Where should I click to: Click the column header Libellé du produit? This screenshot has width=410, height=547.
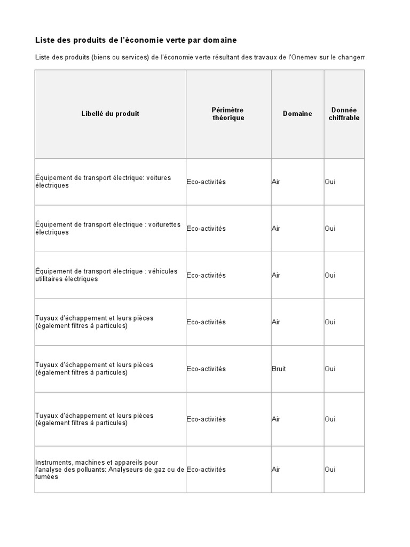coord(111,114)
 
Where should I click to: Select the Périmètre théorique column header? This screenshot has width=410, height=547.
coord(228,114)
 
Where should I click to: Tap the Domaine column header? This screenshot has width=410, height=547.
coord(297,114)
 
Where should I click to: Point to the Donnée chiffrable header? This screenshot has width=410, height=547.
coord(344,114)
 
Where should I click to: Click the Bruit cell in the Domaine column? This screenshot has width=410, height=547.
coord(279,369)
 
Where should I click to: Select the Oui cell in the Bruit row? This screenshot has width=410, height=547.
coord(330,369)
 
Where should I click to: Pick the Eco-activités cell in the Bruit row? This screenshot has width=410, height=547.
coord(206,369)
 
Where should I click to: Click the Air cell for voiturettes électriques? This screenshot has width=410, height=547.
coord(276,229)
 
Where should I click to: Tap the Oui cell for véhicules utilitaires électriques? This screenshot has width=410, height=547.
coord(330,276)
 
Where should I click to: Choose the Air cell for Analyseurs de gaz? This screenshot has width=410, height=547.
coord(276,470)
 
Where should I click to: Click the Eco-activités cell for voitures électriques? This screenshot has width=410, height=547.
coord(206,182)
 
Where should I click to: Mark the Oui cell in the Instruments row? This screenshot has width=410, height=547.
coord(330,470)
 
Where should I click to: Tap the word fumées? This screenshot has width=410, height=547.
coord(46,477)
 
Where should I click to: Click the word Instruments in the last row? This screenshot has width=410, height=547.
coord(53,462)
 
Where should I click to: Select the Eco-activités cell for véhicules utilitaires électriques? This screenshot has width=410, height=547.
coord(206,276)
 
